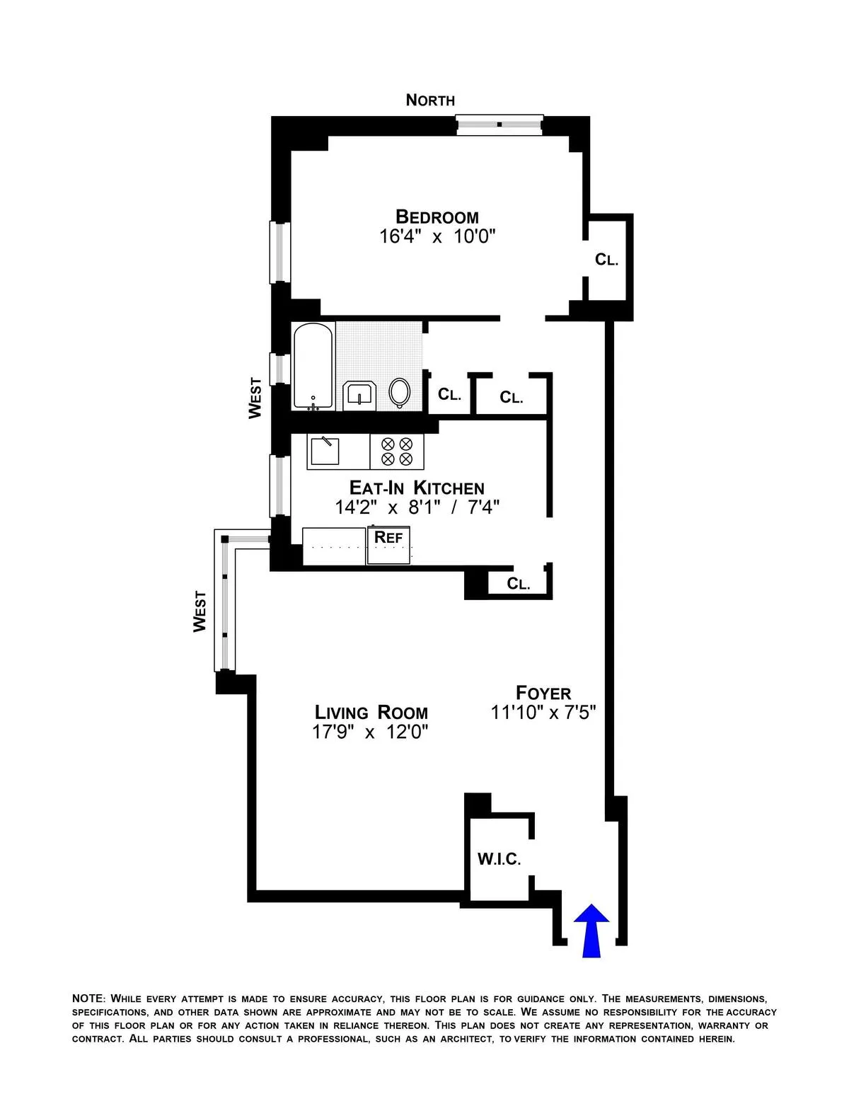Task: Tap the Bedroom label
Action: click(437, 217)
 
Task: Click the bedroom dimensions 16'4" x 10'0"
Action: click(437, 237)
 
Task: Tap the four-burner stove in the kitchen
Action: click(397, 451)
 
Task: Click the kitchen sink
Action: click(323, 451)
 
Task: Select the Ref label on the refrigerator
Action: click(388, 537)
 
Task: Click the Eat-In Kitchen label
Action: click(417, 488)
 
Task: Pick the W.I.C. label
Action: click(499, 860)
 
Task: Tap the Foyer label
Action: click(543, 693)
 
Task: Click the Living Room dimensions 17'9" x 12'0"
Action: click(371, 732)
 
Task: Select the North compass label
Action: click(430, 100)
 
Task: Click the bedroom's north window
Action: click(499, 125)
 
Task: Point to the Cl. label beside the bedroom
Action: click(607, 260)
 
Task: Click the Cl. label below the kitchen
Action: click(519, 585)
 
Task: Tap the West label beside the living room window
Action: click(200, 611)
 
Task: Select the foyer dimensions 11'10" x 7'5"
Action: click(544, 713)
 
